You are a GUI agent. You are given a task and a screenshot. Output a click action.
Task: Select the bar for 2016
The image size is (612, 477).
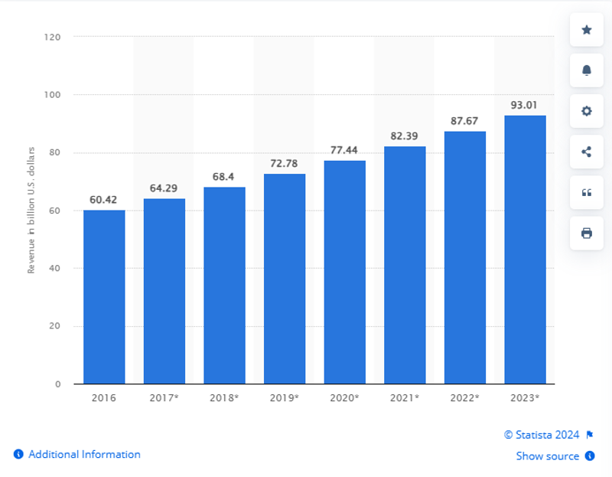coord(104,297)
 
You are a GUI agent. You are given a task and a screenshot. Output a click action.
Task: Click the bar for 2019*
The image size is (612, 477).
coord(285,279)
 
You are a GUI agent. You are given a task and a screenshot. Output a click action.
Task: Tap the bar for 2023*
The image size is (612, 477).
coord(525,250)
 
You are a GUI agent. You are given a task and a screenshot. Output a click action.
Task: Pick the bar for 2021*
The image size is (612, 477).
coord(405,265)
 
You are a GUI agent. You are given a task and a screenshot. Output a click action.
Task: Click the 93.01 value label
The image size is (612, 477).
coord(525,105)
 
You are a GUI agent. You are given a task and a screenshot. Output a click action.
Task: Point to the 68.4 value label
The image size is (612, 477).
coord(224,177)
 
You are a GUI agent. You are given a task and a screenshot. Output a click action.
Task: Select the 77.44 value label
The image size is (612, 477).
coord(344,150)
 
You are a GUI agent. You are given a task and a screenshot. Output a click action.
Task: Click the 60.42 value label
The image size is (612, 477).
coord(104,200)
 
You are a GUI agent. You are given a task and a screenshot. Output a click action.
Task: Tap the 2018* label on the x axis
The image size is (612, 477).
coord(224,398)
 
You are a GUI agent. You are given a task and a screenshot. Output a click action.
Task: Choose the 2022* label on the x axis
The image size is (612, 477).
coord(464,398)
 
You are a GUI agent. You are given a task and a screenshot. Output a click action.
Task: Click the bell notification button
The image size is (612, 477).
coord(587,70)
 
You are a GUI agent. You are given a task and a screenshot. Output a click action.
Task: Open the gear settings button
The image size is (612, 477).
coord(587,111)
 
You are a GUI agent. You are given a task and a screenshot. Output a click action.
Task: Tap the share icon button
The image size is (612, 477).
coord(587,152)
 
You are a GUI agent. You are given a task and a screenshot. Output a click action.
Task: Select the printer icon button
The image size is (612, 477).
coord(587,233)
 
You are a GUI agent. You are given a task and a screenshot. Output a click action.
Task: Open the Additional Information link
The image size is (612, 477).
coord(84,454)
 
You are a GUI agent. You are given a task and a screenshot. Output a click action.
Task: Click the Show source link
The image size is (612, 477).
coord(547,456)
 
